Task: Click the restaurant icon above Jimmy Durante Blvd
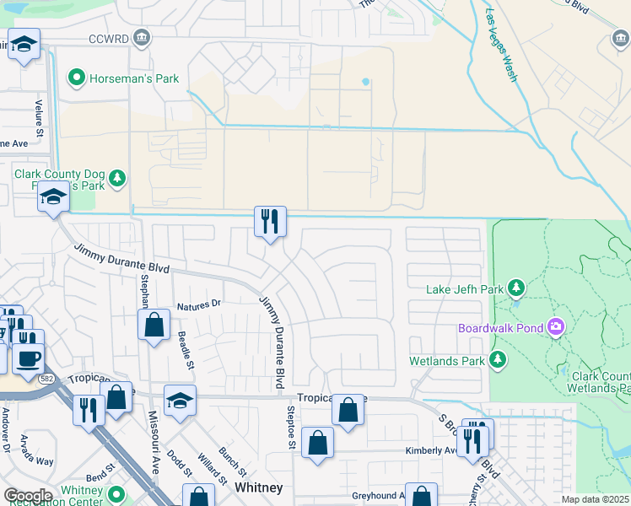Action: pos(271,222)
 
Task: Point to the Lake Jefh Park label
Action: pos(465,289)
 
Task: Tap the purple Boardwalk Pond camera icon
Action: pos(556,326)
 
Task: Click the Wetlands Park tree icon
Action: pos(499,361)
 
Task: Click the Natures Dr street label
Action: pos(198,304)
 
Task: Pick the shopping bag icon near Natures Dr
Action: pos(154,325)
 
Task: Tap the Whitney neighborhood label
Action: pos(258,488)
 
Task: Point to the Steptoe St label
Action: pos(290,438)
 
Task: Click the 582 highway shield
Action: pos(45,379)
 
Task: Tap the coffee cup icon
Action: pos(28,358)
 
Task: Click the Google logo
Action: pos(28,496)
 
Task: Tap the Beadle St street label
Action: pos(184,347)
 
